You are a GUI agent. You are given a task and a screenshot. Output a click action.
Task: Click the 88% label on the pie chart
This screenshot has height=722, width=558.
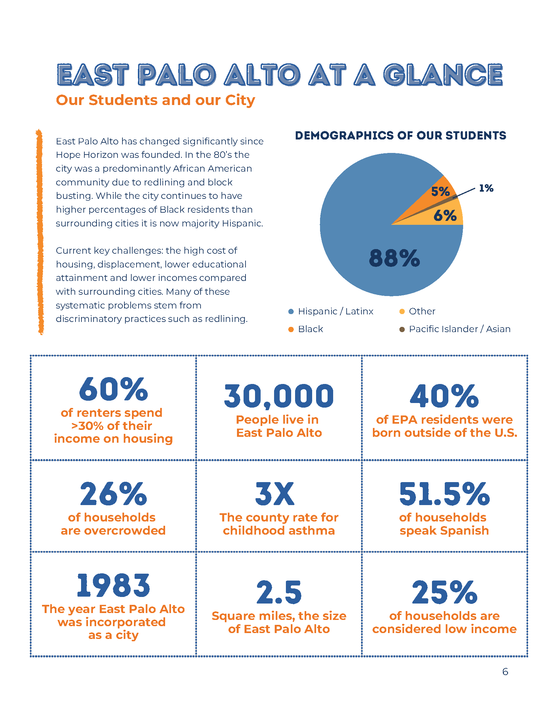[x=394, y=258]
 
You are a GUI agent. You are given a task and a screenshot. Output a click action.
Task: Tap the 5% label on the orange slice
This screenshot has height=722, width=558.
[x=440, y=191]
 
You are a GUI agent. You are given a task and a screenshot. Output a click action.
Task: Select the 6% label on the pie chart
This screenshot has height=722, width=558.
[x=445, y=216]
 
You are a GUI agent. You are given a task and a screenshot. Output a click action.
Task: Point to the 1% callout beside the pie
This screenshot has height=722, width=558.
[x=486, y=188]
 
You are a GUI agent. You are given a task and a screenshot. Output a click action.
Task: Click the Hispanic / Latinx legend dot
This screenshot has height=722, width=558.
[x=291, y=311]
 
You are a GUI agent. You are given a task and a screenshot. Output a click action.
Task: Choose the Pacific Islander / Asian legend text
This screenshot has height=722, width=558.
[x=460, y=329]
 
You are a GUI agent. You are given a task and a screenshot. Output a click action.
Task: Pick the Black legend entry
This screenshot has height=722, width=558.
[x=311, y=329]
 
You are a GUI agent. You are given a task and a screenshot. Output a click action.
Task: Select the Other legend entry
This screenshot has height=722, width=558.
[x=422, y=311]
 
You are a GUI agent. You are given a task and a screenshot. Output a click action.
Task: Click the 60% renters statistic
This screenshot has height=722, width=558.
[x=113, y=389]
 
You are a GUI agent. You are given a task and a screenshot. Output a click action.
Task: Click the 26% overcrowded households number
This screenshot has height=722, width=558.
[x=113, y=494]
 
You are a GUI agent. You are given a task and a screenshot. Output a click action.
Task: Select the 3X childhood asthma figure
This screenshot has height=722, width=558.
[x=275, y=494]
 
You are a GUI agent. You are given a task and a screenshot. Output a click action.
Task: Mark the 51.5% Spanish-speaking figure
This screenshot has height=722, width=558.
[x=444, y=494]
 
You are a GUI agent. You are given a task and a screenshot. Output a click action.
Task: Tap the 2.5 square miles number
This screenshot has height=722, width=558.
[x=279, y=592]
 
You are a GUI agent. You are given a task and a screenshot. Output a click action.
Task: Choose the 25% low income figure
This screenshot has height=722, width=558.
[x=444, y=592]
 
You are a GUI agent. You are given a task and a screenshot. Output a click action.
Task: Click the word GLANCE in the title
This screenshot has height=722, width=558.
[x=443, y=75]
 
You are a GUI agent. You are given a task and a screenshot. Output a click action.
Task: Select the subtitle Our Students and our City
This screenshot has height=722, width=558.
[x=155, y=100]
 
